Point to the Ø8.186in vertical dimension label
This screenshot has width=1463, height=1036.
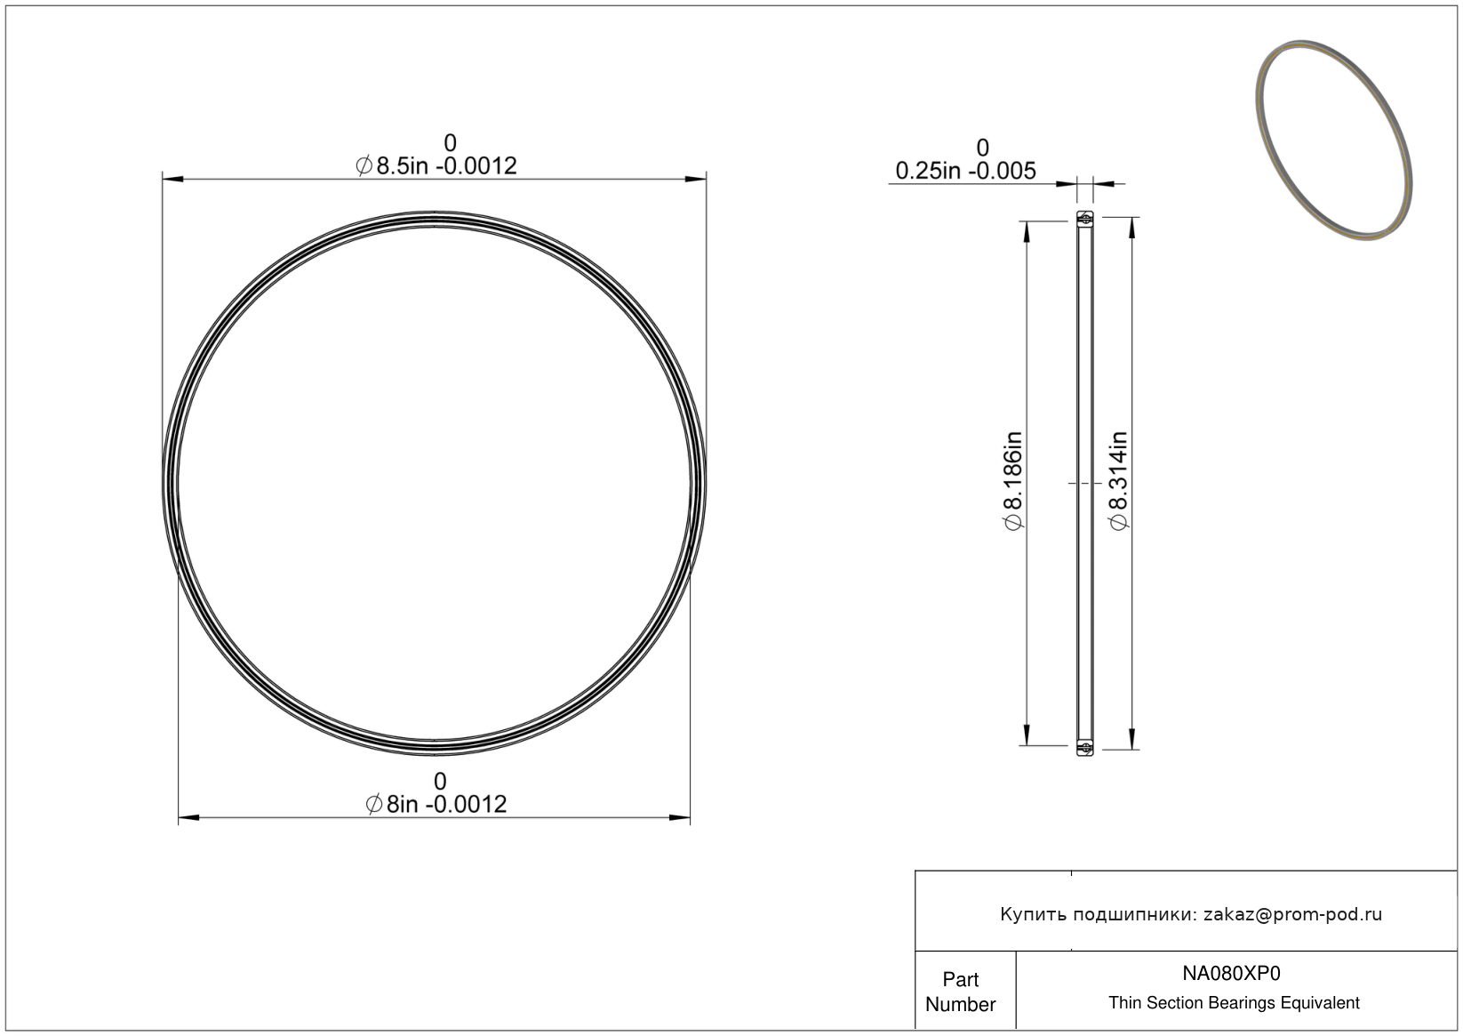1013,481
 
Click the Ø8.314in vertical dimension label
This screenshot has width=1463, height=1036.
1119,481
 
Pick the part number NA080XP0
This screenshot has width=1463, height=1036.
1231,973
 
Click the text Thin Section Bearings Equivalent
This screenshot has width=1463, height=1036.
1234,1003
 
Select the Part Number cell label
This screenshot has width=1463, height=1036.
960,992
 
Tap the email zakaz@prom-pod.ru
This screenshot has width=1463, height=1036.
1292,914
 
